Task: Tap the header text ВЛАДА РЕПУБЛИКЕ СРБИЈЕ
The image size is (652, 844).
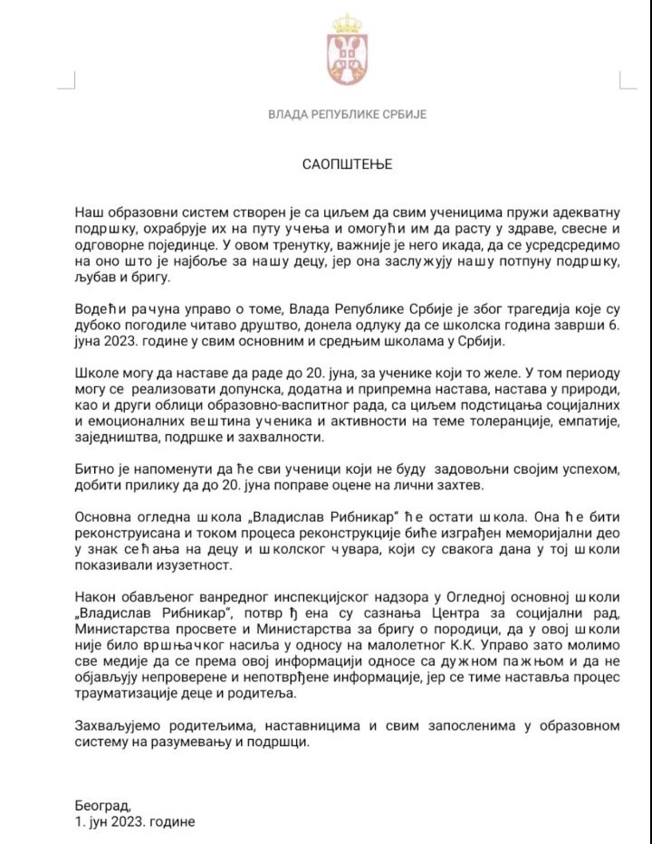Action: click(347, 115)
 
